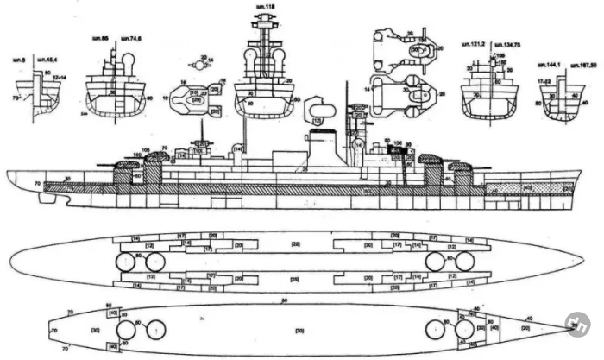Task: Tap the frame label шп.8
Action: tap(17, 60)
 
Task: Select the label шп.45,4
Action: tap(42, 60)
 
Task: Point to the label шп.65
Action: tap(99, 40)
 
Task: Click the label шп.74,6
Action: tap(131, 40)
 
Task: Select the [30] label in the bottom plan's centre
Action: tap(299, 331)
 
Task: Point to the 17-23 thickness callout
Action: tap(544, 80)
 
